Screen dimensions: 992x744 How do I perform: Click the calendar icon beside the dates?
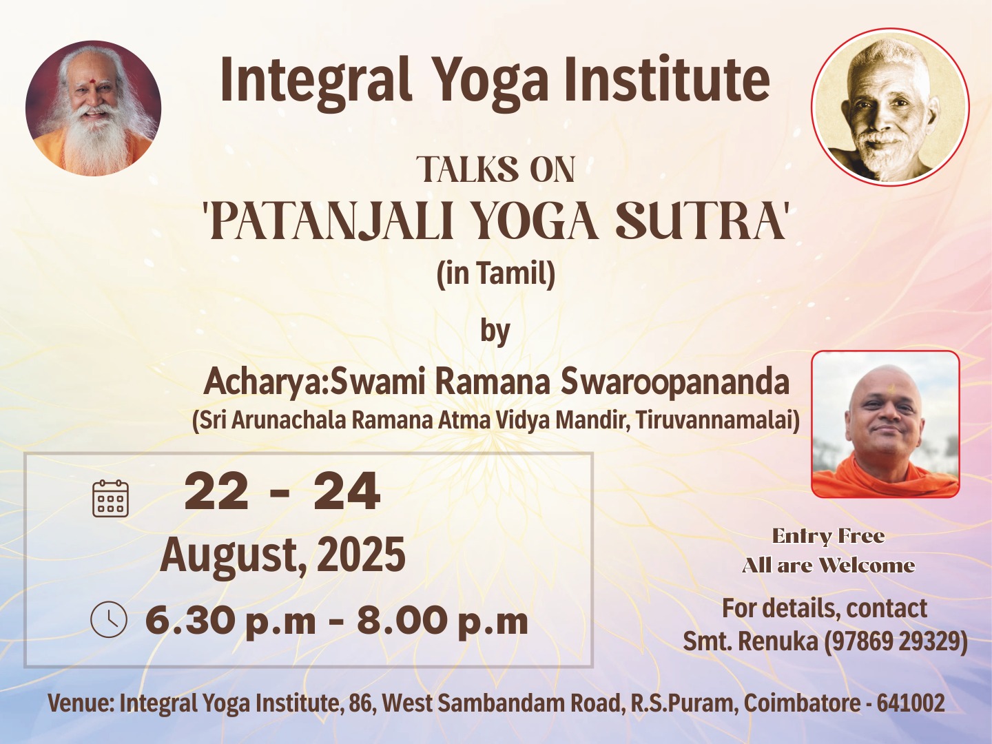point(110,498)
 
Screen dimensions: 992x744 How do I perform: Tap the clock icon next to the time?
point(108,619)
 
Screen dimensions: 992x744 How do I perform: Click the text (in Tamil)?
point(496,275)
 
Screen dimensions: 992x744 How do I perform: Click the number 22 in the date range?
point(216,491)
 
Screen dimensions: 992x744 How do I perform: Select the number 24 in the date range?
point(347,491)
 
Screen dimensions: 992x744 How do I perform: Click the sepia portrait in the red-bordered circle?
point(890,107)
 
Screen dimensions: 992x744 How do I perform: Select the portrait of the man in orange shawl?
point(885,424)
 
